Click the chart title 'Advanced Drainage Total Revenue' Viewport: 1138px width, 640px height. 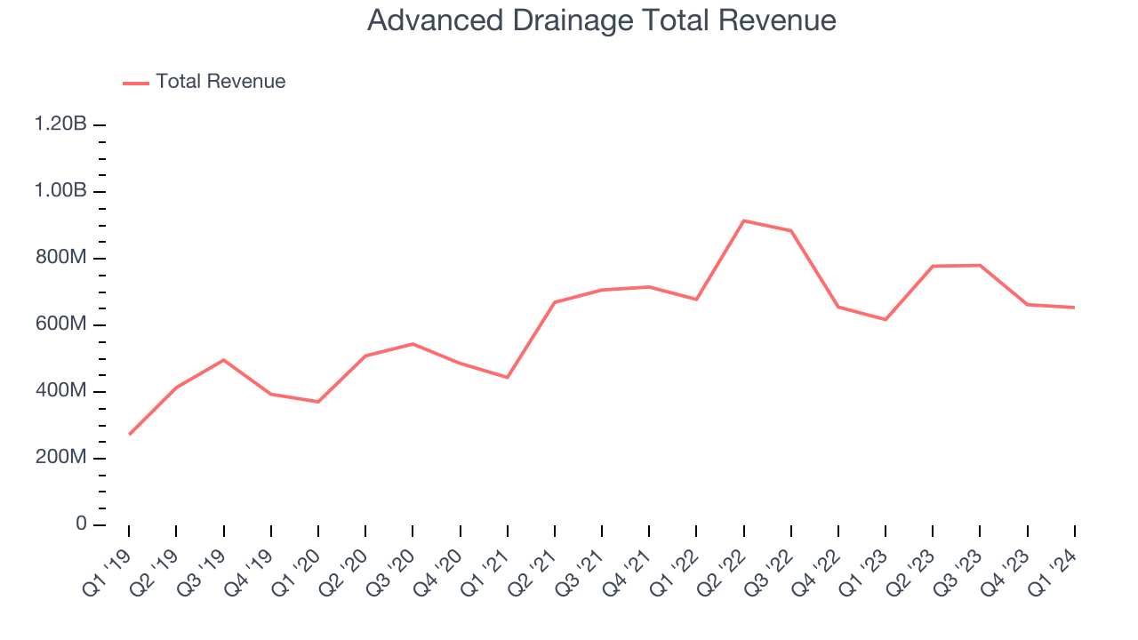click(601, 20)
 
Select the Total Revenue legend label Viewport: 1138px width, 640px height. click(220, 82)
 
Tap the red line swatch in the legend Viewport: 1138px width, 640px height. click(136, 83)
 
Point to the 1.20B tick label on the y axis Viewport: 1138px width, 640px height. click(60, 124)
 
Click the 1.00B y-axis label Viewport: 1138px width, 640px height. click(60, 191)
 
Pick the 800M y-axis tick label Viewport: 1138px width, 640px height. click(61, 258)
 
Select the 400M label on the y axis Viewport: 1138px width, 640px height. click(61, 391)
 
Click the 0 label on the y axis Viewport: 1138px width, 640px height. click(81, 524)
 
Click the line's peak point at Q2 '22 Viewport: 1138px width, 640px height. click(743, 220)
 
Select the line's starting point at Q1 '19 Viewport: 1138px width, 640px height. click(129, 435)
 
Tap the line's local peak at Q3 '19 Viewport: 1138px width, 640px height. click(223, 360)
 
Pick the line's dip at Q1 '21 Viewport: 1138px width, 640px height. click(507, 378)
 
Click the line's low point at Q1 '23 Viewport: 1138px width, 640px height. click(886, 319)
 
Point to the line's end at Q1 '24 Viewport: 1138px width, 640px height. click(1074, 308)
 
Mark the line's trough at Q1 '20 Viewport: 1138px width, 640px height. click(318, 402)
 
